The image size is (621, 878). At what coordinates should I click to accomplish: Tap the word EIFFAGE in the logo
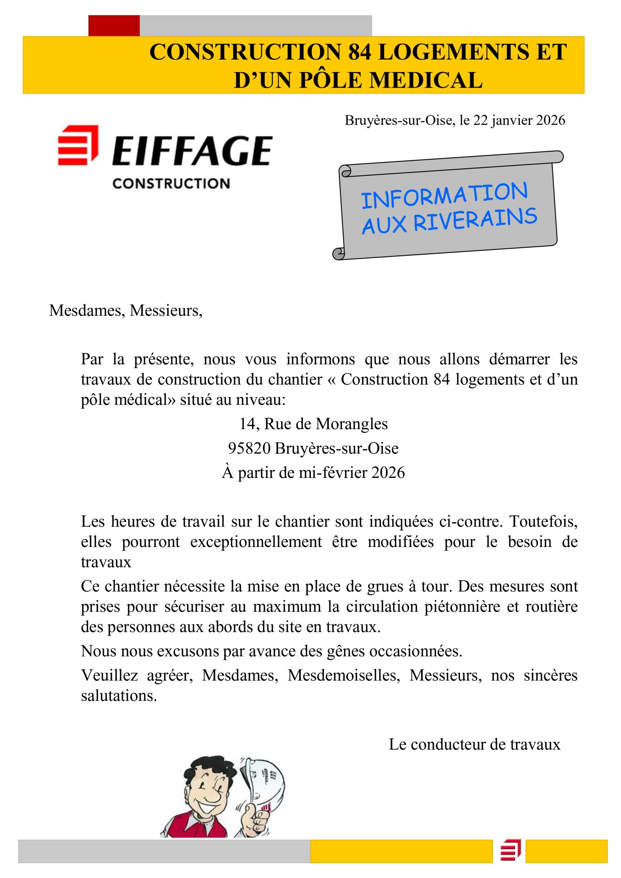(x=192, y=151)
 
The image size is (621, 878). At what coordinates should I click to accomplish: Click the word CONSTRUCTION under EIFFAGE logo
(x=171, y=183)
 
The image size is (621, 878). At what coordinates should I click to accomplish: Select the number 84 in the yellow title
(x=359, y=52)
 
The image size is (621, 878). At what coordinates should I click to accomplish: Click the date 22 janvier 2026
(x=519, y=120)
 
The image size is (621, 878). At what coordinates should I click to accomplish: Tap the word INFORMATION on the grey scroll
(x=444, y=196)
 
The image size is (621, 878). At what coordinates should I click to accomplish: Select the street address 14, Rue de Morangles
(x=313, y=424)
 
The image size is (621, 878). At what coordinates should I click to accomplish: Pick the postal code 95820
(x=249, y=448)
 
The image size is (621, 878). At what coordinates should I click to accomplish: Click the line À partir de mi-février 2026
(x=313, y=473)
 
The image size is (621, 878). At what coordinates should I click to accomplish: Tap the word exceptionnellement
(x=256, y=542)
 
